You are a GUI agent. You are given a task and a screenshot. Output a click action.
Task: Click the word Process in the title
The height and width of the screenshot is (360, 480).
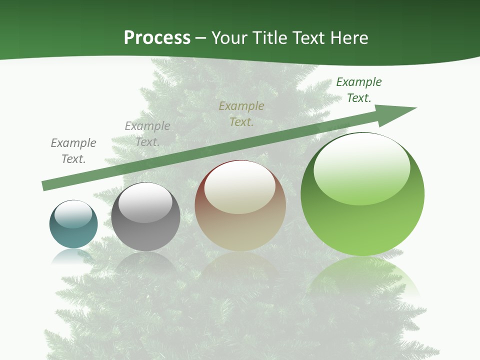[157, 38]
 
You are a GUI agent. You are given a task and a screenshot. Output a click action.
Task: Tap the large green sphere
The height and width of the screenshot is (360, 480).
[362, 220]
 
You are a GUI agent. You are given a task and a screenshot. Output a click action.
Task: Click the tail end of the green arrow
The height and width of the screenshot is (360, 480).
[45, 185]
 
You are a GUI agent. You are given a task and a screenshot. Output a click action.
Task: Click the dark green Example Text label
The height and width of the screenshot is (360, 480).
[359, 90]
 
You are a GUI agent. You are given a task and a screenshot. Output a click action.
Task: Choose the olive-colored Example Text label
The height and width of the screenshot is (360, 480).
[241, 114]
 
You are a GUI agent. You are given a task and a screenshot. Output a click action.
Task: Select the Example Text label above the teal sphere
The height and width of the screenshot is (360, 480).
[73, 151]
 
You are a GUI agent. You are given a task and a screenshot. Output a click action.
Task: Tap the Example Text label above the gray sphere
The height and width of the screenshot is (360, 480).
[147, 134]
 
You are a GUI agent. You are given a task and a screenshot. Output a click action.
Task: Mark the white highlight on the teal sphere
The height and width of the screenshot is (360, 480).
[73, 214]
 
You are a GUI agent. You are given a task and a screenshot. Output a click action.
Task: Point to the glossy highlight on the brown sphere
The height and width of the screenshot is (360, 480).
[239, 187]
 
